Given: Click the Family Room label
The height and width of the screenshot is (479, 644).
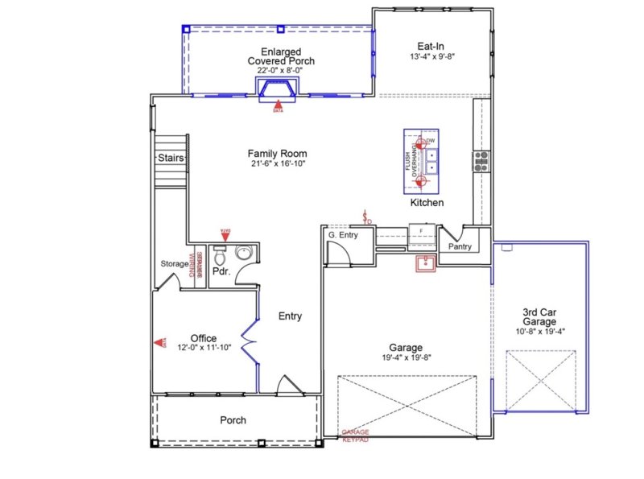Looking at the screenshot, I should tap(277, 154).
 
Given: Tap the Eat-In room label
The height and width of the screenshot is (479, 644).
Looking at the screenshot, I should tap(431, 46).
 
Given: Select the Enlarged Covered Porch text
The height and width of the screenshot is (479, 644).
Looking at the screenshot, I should tap(280, 56).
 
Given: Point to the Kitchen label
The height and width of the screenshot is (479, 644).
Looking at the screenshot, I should tap(427, 203).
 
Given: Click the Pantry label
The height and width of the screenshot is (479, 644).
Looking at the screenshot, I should tap(460, 246).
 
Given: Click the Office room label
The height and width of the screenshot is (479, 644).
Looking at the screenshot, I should tap(203, 338).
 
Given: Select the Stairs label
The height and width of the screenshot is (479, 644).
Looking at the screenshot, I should tap(171, 158).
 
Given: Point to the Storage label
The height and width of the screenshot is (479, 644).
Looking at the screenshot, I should tap(174, 263).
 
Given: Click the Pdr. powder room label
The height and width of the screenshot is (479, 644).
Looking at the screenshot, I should tap(221, 272).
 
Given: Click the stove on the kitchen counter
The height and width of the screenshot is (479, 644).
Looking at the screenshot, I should tap(481, 162).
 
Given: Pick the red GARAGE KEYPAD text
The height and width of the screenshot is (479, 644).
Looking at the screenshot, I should tap(356, 436).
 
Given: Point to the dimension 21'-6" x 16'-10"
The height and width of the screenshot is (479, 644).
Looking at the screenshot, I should tap(277, 163).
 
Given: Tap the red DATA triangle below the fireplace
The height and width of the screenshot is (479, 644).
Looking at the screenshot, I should tap(279, 104).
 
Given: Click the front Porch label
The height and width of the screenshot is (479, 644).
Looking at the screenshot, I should tap(233, 420).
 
